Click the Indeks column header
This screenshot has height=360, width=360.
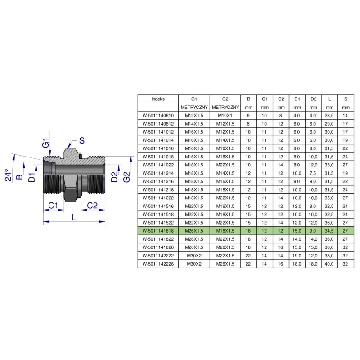click(158, 99)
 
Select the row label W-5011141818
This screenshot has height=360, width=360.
click(158, 231)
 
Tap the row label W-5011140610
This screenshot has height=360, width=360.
click(158, 116)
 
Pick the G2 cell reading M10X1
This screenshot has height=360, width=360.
click(225, 116)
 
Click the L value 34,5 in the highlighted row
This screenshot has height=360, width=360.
click(329, 231)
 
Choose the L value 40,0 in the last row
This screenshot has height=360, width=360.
click(329, 264)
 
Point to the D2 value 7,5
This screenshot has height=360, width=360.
click(313, 173)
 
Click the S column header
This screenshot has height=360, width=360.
click(346, 99)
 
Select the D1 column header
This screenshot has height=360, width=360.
click(297, 99)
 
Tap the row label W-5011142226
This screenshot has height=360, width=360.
click(158, 264)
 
